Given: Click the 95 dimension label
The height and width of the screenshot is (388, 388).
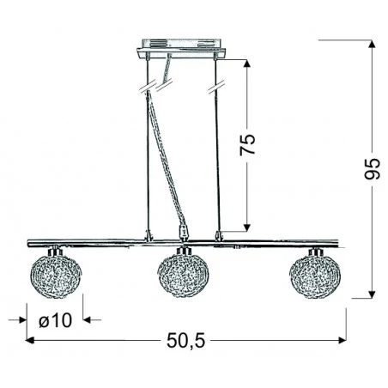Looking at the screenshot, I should pyautogui.click(x=372, y=172).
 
